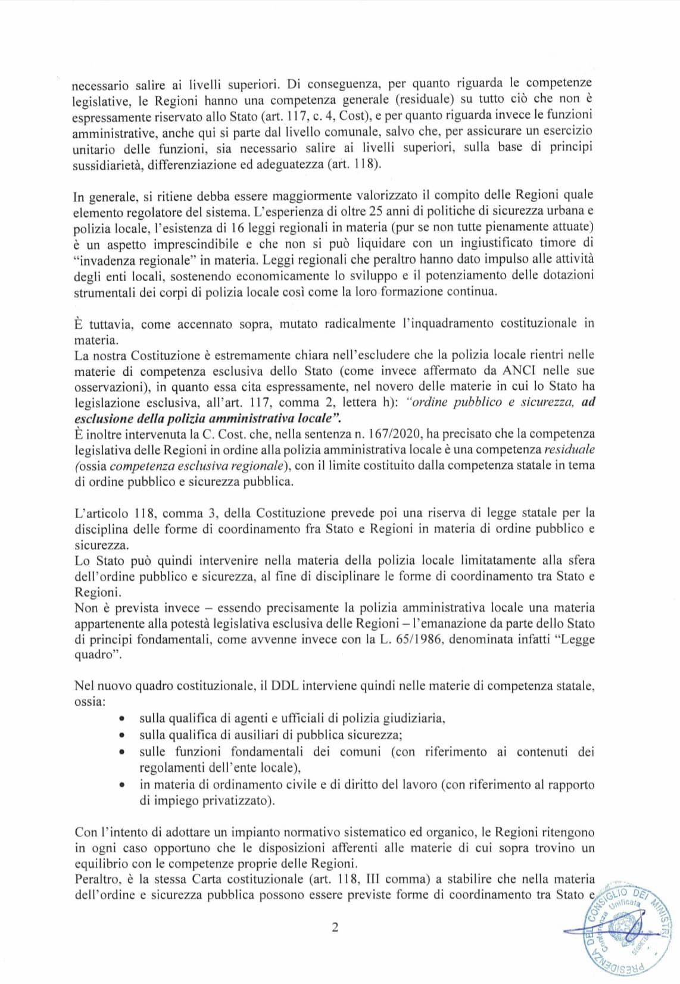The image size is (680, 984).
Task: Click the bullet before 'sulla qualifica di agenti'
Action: point(122,719)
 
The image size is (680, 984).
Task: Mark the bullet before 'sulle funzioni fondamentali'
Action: point(122,752)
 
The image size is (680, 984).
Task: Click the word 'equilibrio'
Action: point(101,863)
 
